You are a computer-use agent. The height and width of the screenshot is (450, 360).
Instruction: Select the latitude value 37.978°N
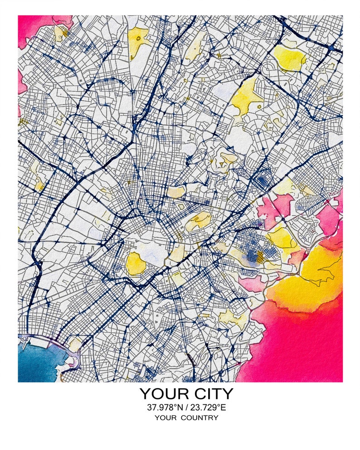[x=164, y=407]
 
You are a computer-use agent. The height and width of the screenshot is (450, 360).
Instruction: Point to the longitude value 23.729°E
[x=208, y=407]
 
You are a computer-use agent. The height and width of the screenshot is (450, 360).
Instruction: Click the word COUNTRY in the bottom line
[x=199, y=418]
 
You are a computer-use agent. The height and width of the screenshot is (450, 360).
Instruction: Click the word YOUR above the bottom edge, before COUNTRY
[x=165, y=418]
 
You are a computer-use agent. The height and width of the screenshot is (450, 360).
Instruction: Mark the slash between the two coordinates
[x=186, y=407]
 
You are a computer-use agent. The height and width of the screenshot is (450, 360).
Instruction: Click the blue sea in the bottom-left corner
[x=36, y=363]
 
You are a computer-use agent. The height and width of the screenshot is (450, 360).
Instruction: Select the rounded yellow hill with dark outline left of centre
[x=135, y=264]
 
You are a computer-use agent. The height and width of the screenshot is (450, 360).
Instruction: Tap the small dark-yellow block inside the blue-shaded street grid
[x=260, y=257]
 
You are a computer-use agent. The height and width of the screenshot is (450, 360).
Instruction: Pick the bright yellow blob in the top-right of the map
[x=290, y=58]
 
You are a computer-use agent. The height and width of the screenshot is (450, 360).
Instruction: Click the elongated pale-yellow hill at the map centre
[x=198, y=222]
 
